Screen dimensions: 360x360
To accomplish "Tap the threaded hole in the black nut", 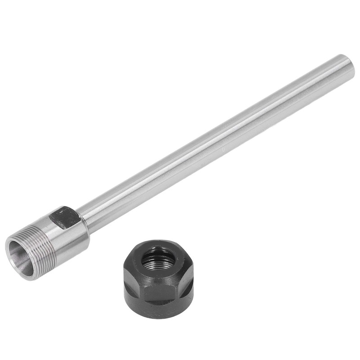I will click(x=158, y=259).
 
